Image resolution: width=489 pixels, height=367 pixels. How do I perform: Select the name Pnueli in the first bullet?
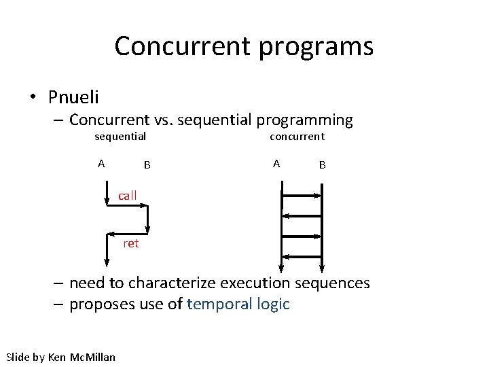[x=73, y=97]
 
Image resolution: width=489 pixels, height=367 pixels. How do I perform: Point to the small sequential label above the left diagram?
[x=120, y=137]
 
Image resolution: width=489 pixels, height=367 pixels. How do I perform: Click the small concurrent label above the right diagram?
[x=297, y=137]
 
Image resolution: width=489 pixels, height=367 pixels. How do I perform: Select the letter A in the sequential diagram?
[x=101, y=163]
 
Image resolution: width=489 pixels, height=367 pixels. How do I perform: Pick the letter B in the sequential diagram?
[x=147, y=164]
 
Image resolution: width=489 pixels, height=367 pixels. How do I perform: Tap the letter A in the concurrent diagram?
[x=276, y=163]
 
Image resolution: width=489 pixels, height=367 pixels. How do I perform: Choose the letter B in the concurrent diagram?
[x=323, y=164]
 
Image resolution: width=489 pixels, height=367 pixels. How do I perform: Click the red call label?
[x=128, y=196]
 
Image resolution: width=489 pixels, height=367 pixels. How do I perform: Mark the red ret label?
[x=131, y=243]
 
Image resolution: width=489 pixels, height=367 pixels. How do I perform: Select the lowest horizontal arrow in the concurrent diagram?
[x=302, y=257]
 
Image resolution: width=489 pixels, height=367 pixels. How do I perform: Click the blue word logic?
[x=272, y=304]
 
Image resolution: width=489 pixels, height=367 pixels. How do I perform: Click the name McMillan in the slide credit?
[x=92, y=357]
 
